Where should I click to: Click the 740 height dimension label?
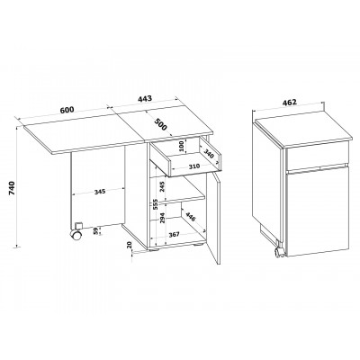pyautogui.click(x=12, y=188)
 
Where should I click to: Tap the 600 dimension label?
pyautogui.click(x=67, y=110)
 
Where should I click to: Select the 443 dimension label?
pyautogui.click(x=145, y=98)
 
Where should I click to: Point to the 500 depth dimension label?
pyautogui.click(x=160, y=124)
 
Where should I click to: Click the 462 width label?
pyautogui.click(x=290, y=102)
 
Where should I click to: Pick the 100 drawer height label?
pyautogui.click(x=181, y=146)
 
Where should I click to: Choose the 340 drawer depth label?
pyautogui.click(x=209, y=153)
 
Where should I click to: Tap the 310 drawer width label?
pyautogui.click(x=194, y=166)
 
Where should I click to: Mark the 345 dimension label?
pyautogui.click(x=100, y=192)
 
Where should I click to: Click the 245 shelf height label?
pyautogui.click(x=162, y=187)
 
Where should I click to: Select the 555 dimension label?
pyautogui.click(x=156, y=204)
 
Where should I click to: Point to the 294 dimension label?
pyautogui.click(x=162, y=218)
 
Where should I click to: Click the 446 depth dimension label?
pyautogui.click(x=191, y=217)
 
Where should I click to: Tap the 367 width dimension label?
pyautogui.click(x=174, y=235)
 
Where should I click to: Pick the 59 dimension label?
pyautogui.click(x=95, y=231)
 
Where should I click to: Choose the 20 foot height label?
pyautogui.click(x=130, y=245)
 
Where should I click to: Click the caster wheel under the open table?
pyautogui.click(x=76, y=235)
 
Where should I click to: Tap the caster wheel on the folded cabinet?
pyautogui.click(x=279, y=252)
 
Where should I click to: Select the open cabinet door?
pyautogui.click(x=215, y=218)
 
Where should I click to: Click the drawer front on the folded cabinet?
pyautogui.click(x=318, y=156)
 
